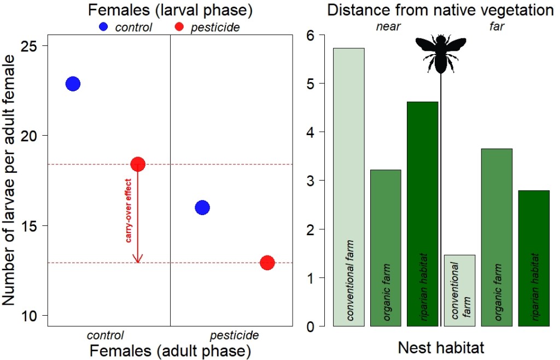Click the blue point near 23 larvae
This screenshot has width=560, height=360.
tap(73, 84)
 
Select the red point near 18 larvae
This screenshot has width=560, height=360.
tap(137, 164)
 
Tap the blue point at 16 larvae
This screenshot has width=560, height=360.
tap(202, 207)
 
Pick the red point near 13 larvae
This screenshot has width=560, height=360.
tap(267, 263)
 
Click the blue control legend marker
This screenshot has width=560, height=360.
tap(103, 26)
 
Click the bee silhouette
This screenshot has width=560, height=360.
tap(441, 54)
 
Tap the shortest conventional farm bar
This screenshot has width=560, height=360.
tap(460, 291)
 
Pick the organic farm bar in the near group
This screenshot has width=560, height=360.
tap(386, 248)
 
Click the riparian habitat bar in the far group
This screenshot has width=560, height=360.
tap(534, 258)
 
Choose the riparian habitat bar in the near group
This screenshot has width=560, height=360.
tap(423, 214)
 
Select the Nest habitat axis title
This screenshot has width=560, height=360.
tap(441, 347)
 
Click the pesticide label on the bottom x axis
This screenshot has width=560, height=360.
tap(235, 335)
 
